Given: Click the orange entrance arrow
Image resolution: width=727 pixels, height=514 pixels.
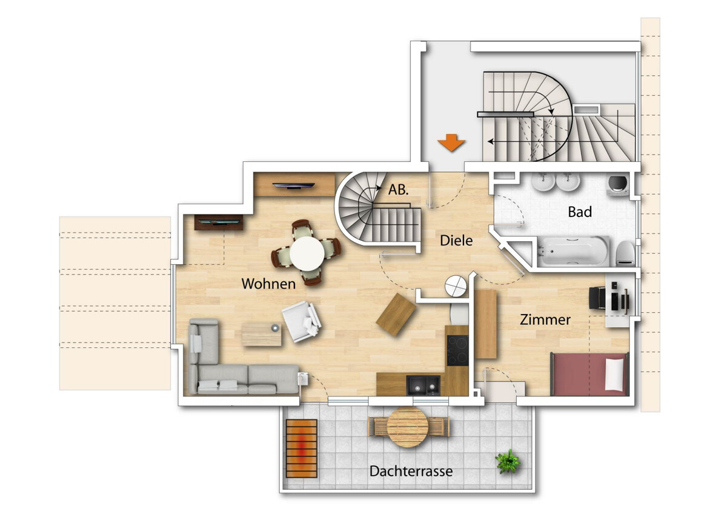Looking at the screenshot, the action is pyautogui.click(x=451, y=142).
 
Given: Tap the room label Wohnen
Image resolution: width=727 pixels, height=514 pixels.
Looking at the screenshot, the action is pyautogui.click(x=268, y=284).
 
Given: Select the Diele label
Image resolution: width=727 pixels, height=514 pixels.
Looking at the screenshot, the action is pyautogui.click(x=456, y=241).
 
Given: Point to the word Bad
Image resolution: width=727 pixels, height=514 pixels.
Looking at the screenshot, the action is pyautogui.click(x=580, y=212).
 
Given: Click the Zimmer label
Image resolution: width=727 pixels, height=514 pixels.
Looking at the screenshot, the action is pyautogui.click(x=545, y=320).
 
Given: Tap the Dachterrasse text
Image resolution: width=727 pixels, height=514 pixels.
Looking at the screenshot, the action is pyautogui.click(x=411, y=471).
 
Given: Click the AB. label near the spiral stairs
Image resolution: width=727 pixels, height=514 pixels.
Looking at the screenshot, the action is pyautogui.click(x=398, y=190).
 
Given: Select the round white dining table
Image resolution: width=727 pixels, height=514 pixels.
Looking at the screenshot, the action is pyautogui.click(x=307, y=253).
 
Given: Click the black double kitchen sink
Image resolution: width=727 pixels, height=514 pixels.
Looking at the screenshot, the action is pyautogui.click(x=423, y=385).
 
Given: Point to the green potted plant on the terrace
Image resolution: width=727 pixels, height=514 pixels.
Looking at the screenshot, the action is pyautogui.click(x=508, y=461).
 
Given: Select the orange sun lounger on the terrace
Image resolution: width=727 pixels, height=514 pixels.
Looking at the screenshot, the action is pyautogui.click(x=302, y=449).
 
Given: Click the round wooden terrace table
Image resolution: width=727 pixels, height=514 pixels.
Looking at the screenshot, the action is pyautogui.click(x=408, y=427).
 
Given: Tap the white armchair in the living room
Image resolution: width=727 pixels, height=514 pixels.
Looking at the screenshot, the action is pyautogui.click(x=302, y=321).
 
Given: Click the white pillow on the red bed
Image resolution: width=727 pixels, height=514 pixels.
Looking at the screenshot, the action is pyautogui.click(x=614, y=375).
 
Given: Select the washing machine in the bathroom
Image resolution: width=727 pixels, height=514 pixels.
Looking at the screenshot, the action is pyautogui.click(x=617, y=185).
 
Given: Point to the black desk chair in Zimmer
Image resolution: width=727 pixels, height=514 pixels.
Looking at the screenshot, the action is pyautogui.click(x=597, y=298).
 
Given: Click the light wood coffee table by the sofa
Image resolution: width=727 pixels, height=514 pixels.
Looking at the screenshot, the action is pyautogui.click(x=262, y=335).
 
